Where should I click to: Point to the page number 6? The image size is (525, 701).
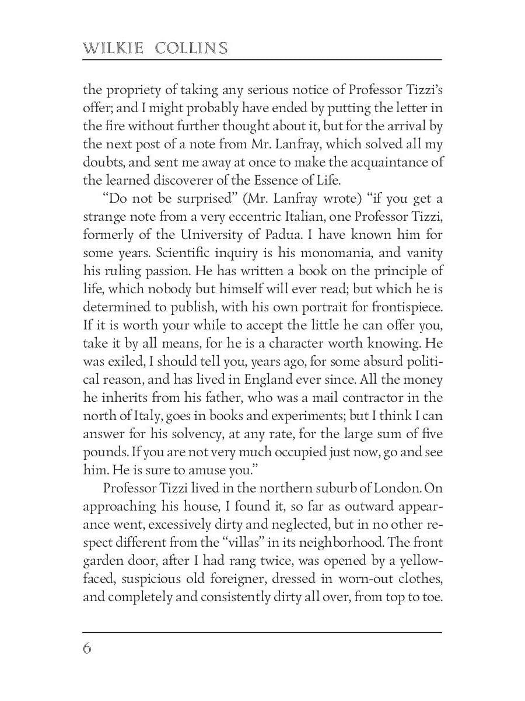point(87,649)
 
